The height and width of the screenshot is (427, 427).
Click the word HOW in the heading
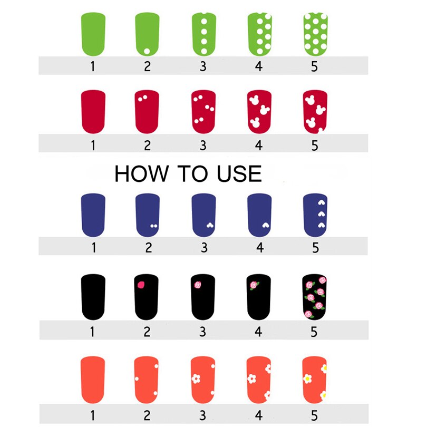[142, 173]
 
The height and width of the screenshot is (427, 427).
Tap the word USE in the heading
[239, 173]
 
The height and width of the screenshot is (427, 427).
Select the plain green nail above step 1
[93, 34]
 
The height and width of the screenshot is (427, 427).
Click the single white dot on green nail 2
[147, 51]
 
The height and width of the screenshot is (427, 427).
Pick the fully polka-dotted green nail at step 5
[316, 34]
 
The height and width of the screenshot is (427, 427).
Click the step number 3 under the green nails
[203, 66]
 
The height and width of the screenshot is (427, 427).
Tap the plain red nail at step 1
[93, 112]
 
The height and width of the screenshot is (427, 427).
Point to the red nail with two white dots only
[147, 112]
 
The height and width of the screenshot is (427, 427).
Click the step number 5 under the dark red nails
[315, 145]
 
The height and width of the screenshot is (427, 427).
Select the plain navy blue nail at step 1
[93, 215]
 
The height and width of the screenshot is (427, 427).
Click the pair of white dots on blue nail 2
[154, 226]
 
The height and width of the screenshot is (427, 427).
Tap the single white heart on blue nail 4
[266, 225]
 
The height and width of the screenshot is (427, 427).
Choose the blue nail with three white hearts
[315, 215]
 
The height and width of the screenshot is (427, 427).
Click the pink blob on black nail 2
[141, 285]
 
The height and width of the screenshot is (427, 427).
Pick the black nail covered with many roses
[315, 297]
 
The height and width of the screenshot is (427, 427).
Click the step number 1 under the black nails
[93, 332]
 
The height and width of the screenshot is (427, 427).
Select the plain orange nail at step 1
[93, 380]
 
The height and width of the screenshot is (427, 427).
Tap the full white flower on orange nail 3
[196, 379]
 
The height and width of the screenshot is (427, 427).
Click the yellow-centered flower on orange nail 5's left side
[307, 379]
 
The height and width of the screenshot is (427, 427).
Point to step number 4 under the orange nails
[259, 415]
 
